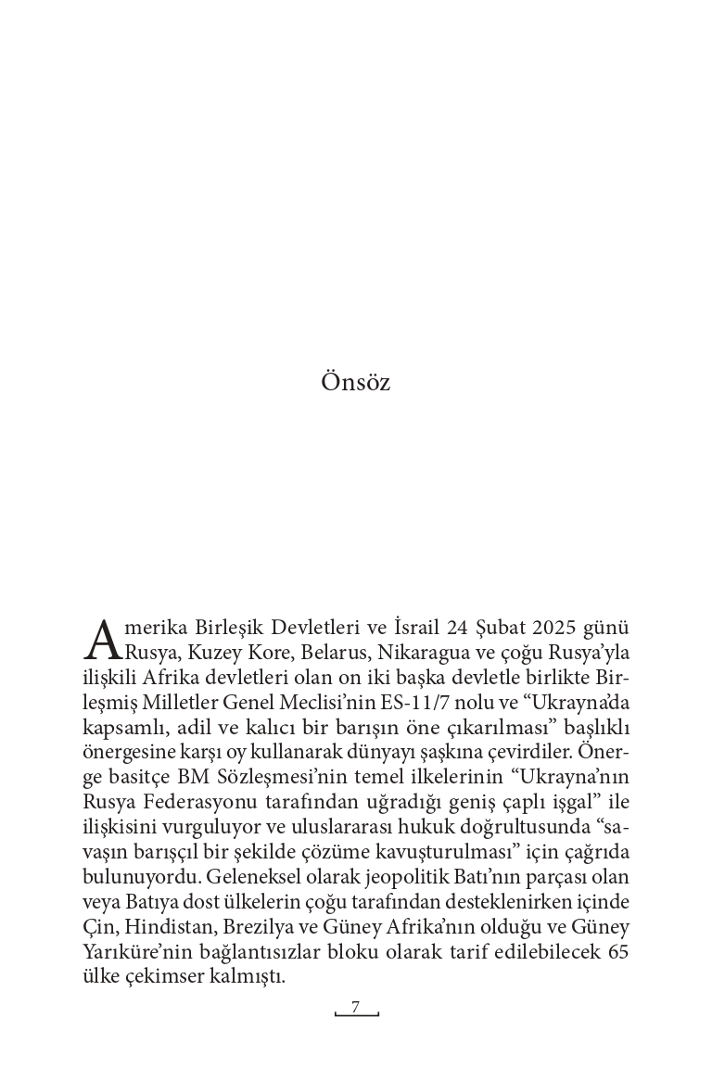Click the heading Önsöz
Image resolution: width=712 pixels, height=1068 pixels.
tap(355, 382)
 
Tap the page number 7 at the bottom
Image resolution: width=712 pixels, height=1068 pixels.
tap(355, 1007)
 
